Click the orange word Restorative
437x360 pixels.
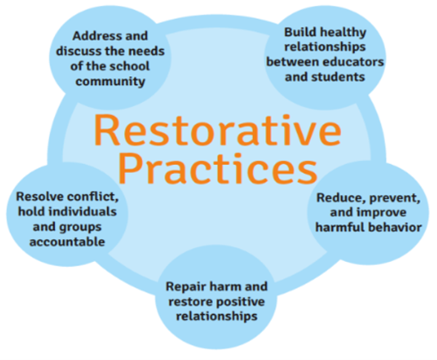click(217, 132)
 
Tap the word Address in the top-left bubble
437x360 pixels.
click(92, 35)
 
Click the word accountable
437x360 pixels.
click(72, 241)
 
